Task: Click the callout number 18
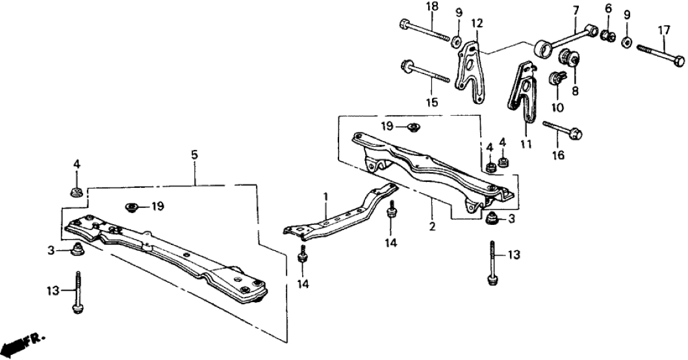pyautogui.click(x=413, y=7)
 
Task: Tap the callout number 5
pyautogui.click(x=194, y=155)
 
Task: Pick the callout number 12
pyautogui.click(x=477, y=24)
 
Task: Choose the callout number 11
pyautogui.click(x=526, y=144)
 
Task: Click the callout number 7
pyautogui.click(x=575, y=10)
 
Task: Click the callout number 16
pyautogui.click(x=558, y=155)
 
